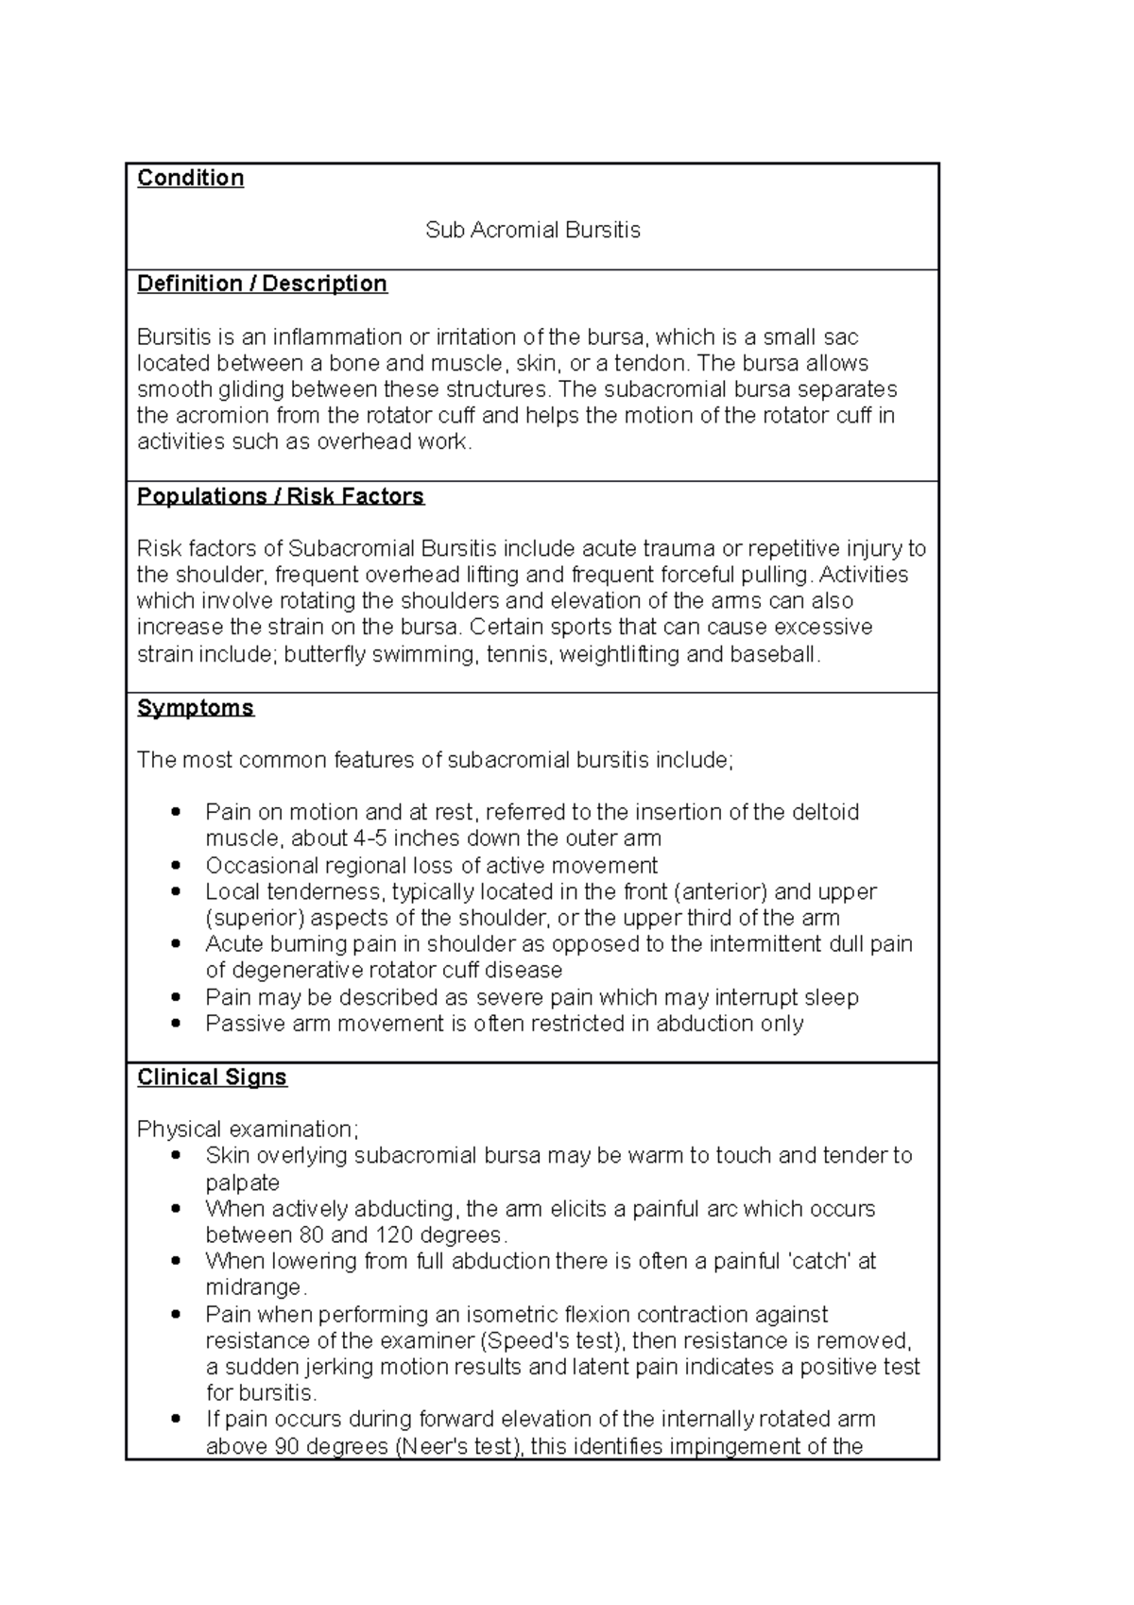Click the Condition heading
click(190, 178)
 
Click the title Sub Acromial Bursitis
click(532, 230)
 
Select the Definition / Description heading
click(262, 284)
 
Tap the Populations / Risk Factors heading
click(280, 496)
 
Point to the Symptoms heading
click(195, 708)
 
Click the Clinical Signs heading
click(212, 1078)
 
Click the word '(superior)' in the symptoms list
click(254, 918)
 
